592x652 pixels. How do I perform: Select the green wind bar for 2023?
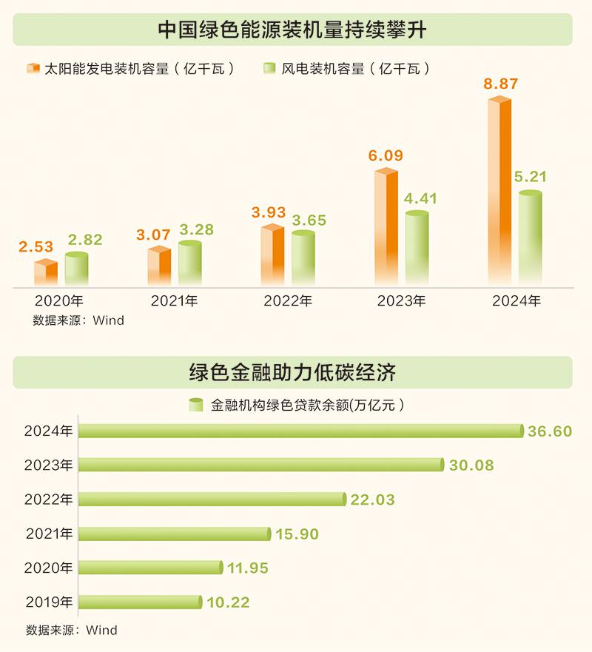click(x=417, y=249)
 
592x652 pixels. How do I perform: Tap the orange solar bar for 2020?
click(x=46, y=273)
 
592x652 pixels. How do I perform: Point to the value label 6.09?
click(x=386, y=156)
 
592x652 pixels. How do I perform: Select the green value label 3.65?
click(x=308, y=221)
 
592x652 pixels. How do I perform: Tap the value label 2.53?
click(x=36, y=247)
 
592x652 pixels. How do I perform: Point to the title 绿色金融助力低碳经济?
click(x=293, y=372)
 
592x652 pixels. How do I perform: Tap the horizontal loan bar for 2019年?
click(x=139, y=602)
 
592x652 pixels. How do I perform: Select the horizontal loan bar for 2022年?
click(x=212, y=500)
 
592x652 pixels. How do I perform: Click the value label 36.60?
click(x=550, y=431)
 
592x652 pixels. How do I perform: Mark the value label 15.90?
click(x=297, y=534)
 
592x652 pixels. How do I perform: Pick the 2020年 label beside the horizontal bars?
click(x=48, y=568)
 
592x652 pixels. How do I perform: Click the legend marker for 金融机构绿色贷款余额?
click(x=196, y=405)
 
